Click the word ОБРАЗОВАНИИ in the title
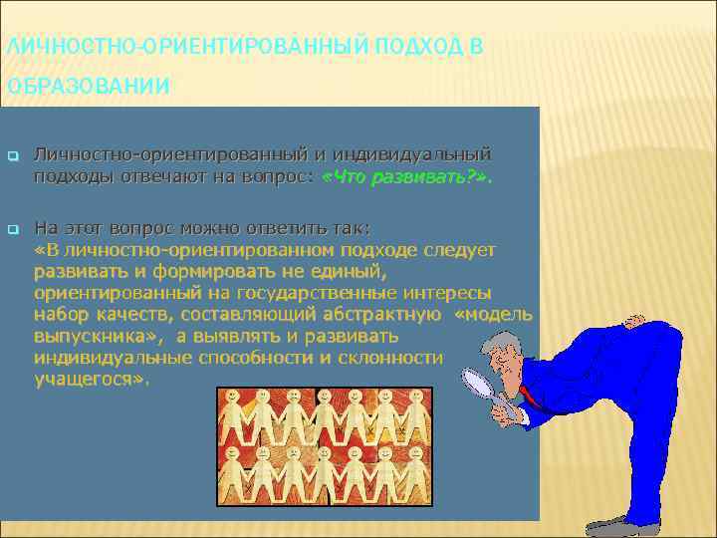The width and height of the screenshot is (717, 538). [86, 87]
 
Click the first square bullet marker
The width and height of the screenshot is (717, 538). [13, 156]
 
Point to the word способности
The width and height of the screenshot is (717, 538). [256, 358]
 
